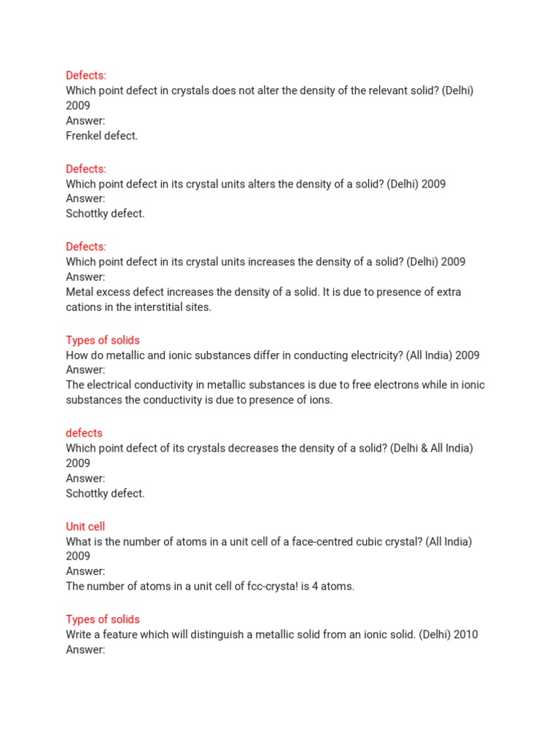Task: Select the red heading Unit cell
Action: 85,527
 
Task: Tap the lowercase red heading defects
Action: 84,433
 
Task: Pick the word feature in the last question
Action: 118,635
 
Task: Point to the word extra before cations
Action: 448,293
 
